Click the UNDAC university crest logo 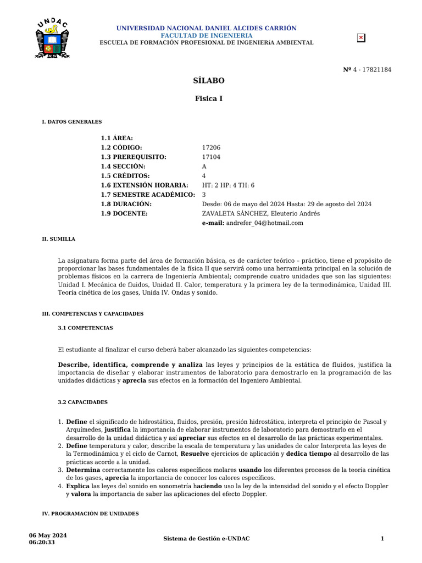52,39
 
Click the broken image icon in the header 361,38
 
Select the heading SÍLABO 209,81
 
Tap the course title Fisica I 209,99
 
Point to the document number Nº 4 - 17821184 367,70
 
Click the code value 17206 212,148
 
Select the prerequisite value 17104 212,157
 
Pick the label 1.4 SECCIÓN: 123,167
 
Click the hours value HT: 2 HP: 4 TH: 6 228,185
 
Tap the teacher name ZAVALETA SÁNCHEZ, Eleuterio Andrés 260,214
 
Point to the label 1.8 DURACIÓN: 126,204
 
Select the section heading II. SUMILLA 59,239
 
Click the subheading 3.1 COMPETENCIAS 85,328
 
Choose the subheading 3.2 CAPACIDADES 82,402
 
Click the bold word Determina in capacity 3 83,470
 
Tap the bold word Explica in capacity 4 78,487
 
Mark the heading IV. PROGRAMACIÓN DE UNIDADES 90,514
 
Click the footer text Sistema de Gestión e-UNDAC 207,539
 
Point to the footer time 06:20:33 42,543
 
